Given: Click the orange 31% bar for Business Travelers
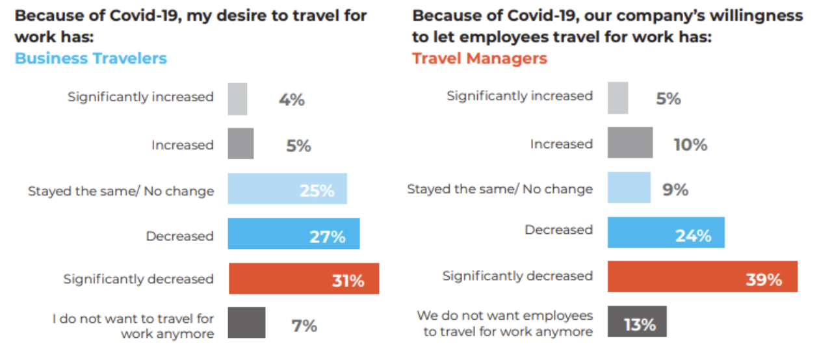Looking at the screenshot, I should (x=304, y=279).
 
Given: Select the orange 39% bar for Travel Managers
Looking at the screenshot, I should (x=702, y=276).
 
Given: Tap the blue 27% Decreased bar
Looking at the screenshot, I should (x=293, y=234).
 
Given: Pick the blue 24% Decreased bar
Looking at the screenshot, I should (x=666, y=233).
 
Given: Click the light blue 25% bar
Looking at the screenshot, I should (x=287, y=189).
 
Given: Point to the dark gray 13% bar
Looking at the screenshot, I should (x=637, y=322).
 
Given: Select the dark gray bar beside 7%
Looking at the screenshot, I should (x=246, y=323).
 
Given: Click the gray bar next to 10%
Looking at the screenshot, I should (x=630, y=143).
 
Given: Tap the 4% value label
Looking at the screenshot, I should (x=292, y=100).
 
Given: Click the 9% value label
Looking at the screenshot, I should (x=676, y=190).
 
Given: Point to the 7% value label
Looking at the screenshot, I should (x=304, y=326).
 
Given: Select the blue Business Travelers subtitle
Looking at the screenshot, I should (x=91, y=58).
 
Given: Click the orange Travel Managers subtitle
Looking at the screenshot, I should (x=480, y=58).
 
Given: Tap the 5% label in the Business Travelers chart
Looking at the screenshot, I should (x=298, y=146).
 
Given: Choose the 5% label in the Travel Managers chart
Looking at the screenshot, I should (x=668, y=99).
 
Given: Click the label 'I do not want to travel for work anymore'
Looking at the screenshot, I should (x=133, y=326).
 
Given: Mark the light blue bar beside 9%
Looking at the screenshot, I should (x=629, y=188).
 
